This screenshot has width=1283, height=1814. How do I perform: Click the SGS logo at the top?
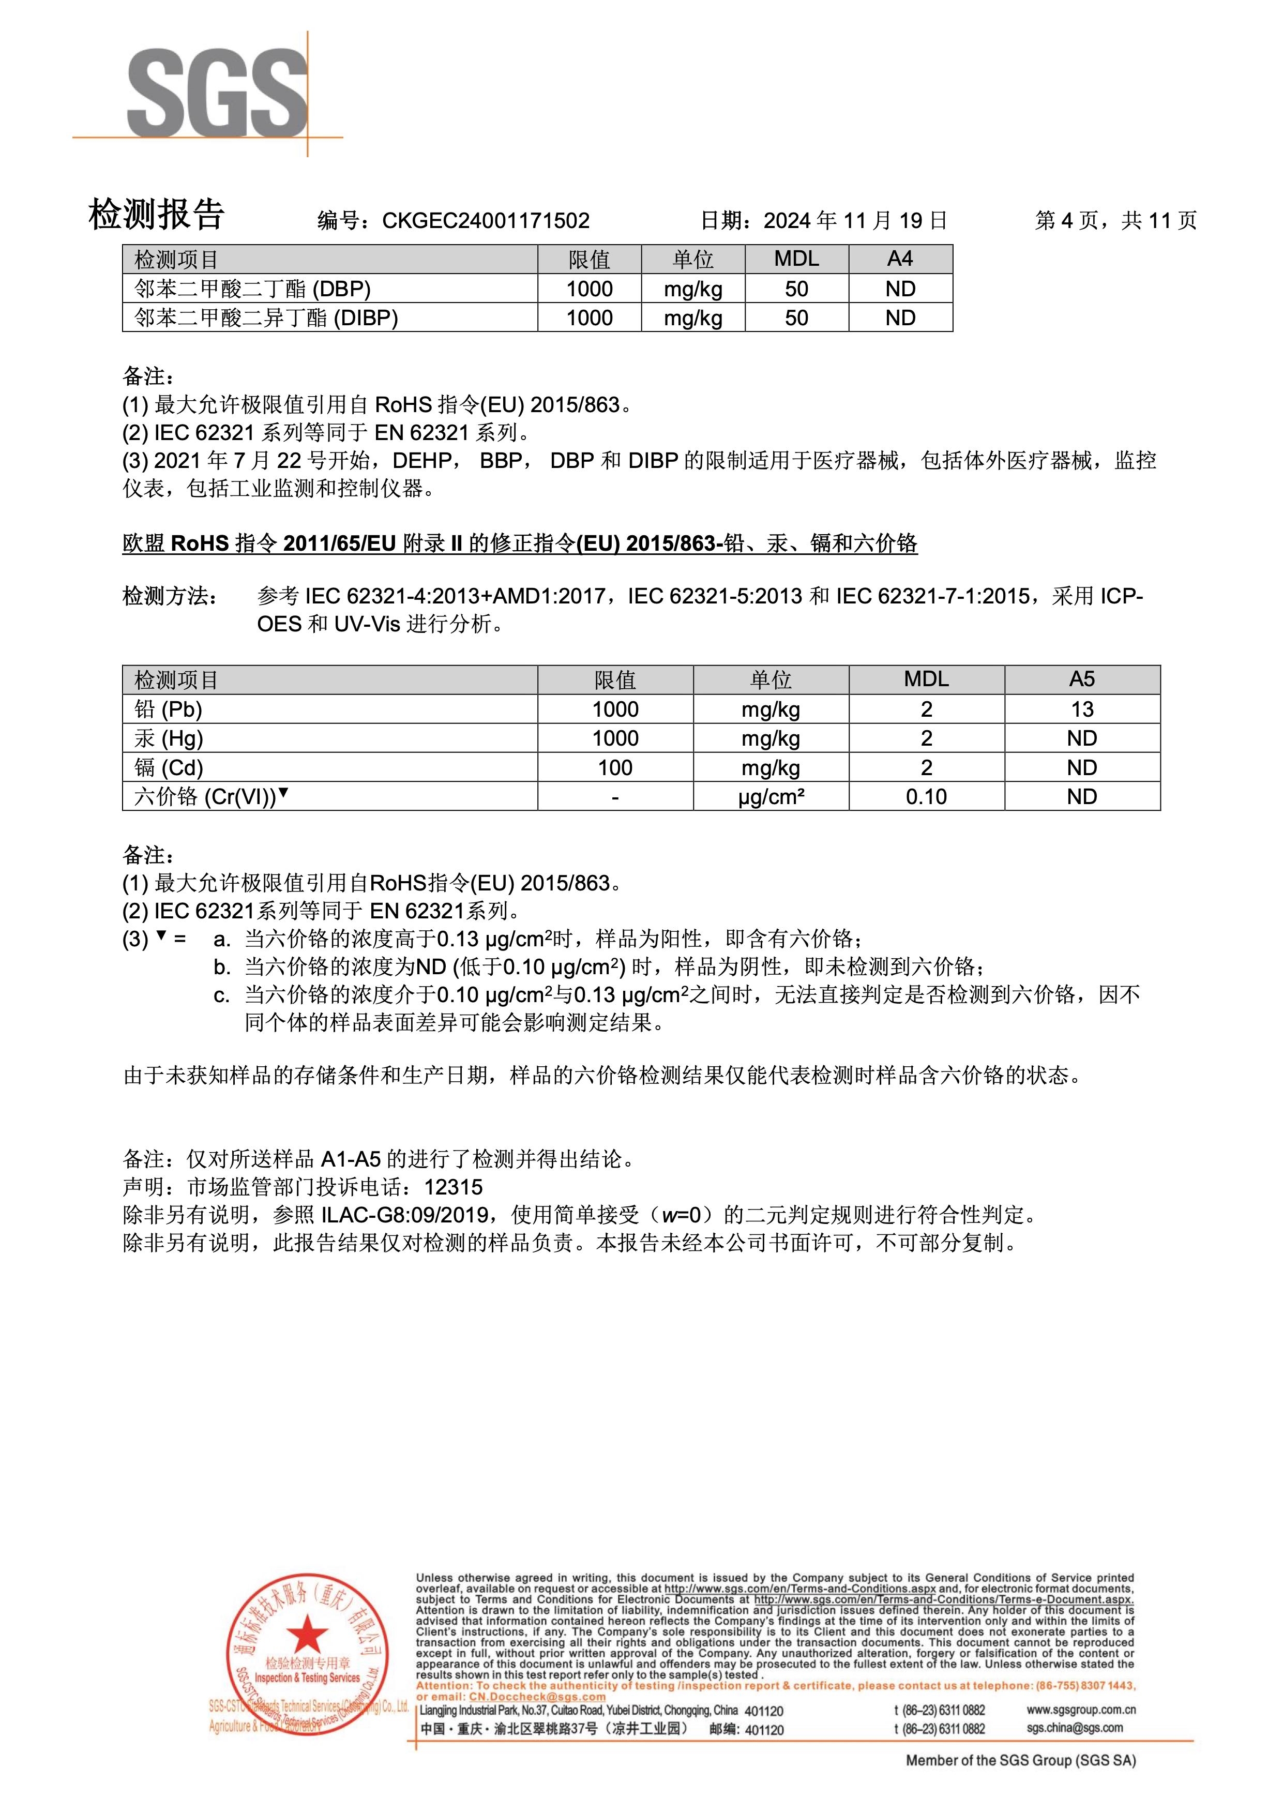pyautogui.click(x=217, y=93)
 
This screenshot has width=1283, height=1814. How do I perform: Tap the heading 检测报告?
pyautogui.click(x=156, y=214)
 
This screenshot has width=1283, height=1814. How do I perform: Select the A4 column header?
pyautogui.click(x=900, y=259)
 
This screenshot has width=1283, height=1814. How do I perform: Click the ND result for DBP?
pyautogui.click(x=900, y=289)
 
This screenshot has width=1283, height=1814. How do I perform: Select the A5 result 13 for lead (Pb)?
pyautogui.click(x=1081, y=709)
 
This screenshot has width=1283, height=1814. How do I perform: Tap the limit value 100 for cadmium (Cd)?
pyautogui.click(x=615, y=768)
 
